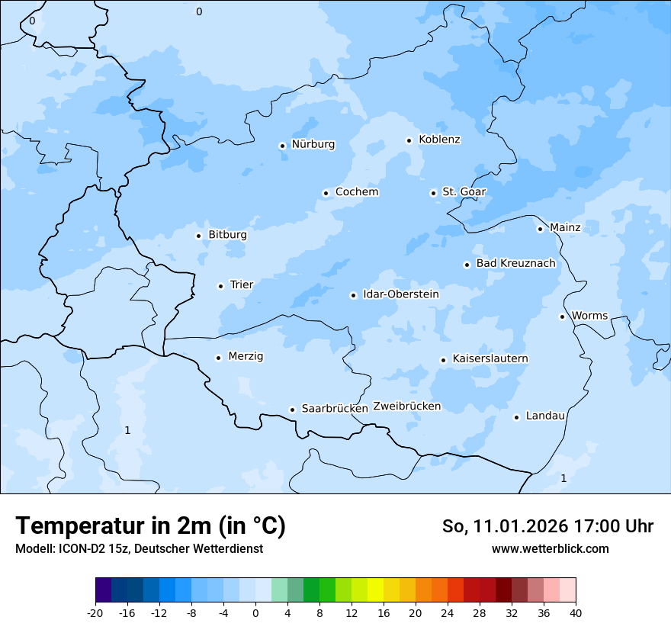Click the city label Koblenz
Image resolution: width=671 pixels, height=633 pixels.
[x=439, y=140]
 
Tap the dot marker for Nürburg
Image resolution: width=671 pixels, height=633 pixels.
[x=282, y=146]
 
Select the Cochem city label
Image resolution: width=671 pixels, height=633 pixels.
[x=357, y=192]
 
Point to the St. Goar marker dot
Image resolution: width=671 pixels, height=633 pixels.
[x=433, y=193]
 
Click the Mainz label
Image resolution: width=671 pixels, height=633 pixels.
[x=565, y=227]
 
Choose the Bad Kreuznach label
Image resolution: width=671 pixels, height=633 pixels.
[x=515, y=263]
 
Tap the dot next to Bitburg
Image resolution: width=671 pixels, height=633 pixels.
[x=198, y=236]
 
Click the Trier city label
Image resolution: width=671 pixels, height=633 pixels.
[x=242, y=284]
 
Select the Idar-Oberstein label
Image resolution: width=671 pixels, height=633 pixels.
[x=401, y=294]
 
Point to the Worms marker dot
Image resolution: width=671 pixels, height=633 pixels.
[x=562, y=316]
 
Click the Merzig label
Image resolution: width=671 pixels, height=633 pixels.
[x=246, y=356]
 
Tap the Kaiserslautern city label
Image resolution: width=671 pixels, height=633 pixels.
[x=490, y=358]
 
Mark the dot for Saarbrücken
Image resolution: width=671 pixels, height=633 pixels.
[x=292, y=410]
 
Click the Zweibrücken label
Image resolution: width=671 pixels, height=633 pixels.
[x=406, y=406]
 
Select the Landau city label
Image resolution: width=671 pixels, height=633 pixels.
[x=545, y=416]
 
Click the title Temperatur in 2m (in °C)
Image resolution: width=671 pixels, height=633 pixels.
[x=151, y=525]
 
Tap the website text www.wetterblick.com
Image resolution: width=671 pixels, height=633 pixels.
[x=550, y=548]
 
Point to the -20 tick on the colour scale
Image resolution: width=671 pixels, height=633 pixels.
[x=95, y=612]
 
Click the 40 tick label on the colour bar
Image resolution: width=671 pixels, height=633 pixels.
[x=576, y=612]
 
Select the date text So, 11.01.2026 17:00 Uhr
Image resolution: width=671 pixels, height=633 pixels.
[x=547, y=526]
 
